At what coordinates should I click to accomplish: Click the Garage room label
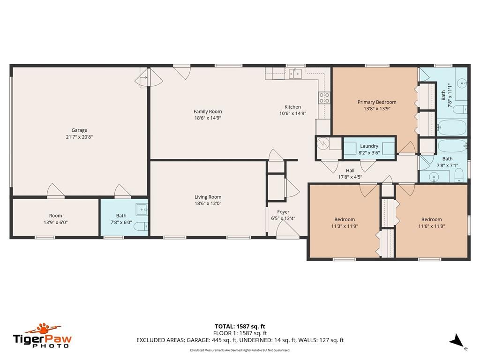(79, 130)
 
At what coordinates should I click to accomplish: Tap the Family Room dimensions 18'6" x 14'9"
(208, 118)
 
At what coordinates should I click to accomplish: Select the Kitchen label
(292, 107)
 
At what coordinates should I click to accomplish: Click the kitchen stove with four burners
(324, 97)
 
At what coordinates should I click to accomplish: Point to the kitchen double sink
(295, 74)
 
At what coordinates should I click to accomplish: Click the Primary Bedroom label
(377, 102)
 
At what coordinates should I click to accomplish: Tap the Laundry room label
(369, 146)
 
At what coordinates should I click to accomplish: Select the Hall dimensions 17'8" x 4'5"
(350, 177)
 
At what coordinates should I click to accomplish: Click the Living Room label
(208, 197)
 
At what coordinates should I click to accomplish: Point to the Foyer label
(283, 212)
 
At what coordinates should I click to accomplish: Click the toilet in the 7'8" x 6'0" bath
(141, 226)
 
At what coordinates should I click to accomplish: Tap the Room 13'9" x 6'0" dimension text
(55, 222)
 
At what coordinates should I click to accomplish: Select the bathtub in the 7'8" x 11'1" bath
(452, 127)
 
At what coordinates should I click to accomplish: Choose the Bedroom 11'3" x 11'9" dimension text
(345, 226)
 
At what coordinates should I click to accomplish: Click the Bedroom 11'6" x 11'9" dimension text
(432, 226)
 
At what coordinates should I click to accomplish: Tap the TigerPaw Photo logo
(42, 336)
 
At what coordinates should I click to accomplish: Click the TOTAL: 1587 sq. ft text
(240, 326)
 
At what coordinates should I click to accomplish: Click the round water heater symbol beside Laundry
(322, 143)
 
